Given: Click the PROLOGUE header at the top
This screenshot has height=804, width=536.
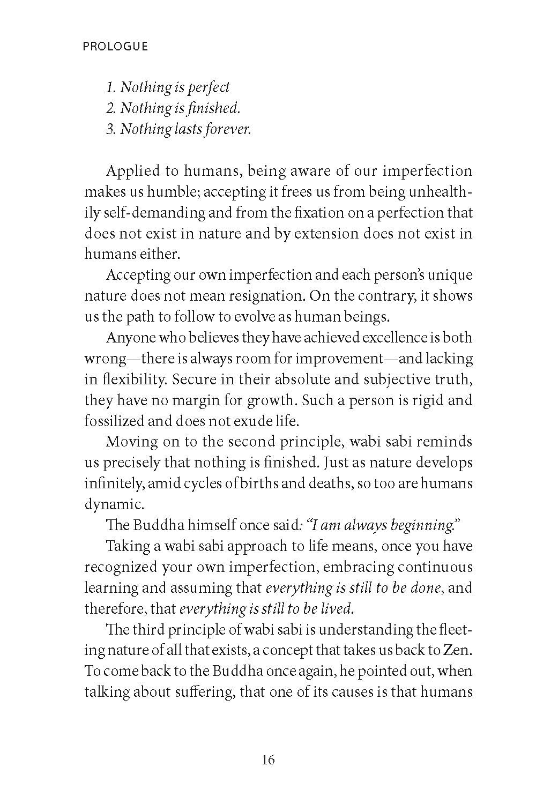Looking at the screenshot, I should [115, 47].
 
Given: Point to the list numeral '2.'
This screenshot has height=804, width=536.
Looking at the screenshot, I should [111, 108].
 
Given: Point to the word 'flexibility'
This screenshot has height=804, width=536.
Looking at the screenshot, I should [127, 379].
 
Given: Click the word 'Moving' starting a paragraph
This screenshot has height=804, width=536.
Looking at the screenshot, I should [129, 442].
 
